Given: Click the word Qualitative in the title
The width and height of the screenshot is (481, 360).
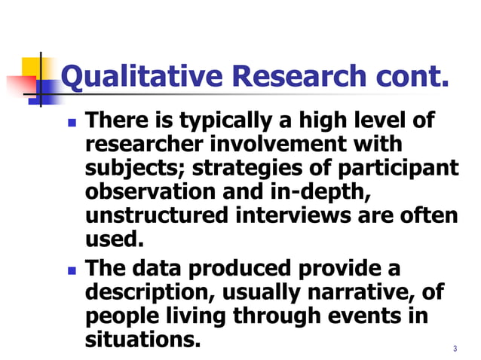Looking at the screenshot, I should (x=141, y=76).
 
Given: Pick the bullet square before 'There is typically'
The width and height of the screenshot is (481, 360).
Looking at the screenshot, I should (x=72, y=121).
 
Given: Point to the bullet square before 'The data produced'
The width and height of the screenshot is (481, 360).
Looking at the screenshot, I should (x=72, y=270).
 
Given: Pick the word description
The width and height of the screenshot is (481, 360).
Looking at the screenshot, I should (x=151, y=291).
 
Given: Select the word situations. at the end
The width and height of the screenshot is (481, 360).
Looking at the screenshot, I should (x=143, y=340).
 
